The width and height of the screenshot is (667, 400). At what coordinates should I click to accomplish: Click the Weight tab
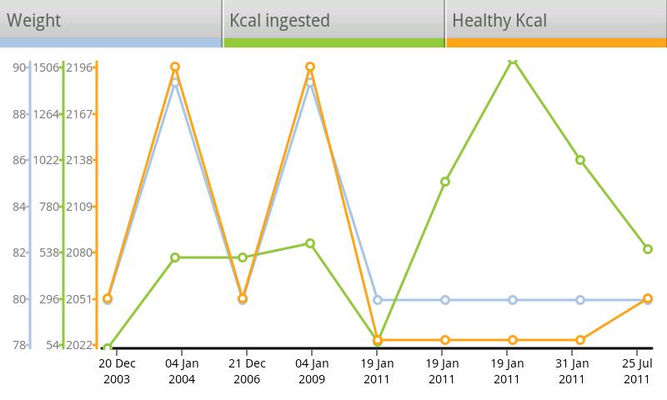111,21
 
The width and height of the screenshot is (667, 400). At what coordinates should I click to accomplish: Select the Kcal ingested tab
333,21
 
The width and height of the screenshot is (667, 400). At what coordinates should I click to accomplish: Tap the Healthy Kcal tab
556,21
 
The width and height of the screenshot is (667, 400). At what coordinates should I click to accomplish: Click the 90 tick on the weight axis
18,67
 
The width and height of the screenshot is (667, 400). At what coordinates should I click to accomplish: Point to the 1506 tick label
46,67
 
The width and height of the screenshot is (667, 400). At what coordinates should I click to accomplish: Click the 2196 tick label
80,67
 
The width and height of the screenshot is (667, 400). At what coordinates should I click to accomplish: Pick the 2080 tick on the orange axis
80,252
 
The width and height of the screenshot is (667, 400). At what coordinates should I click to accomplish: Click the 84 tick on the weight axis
18,207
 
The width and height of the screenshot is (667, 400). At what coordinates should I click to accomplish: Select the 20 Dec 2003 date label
117,371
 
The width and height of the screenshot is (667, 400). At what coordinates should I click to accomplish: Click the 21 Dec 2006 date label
247,371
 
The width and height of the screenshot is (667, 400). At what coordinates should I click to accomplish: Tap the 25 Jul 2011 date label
638,371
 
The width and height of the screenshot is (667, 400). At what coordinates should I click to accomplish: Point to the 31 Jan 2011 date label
572,371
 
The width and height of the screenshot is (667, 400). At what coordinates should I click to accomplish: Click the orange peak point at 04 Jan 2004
175,67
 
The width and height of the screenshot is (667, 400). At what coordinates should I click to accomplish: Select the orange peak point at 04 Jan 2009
310,67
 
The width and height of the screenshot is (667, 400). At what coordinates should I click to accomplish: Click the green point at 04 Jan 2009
310,243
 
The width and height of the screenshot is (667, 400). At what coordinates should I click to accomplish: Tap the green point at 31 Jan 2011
580,160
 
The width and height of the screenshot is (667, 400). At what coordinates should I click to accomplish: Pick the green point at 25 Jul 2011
648,249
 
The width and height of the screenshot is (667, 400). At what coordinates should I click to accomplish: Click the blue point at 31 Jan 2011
580,300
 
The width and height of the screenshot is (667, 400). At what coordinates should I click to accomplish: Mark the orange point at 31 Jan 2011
580,340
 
